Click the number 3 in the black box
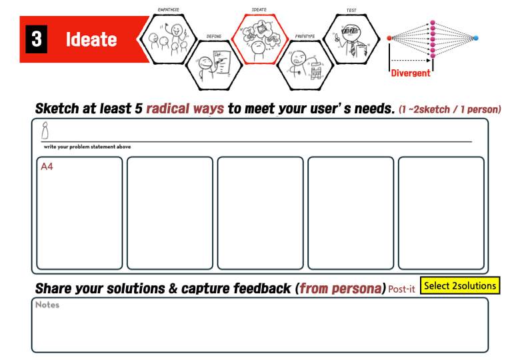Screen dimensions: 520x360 (36, 39)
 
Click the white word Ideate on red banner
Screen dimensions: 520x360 (91, 40)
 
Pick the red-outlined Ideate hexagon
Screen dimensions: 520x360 (259, 37)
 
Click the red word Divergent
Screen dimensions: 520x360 (411, 73)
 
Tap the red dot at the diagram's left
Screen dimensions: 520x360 (389, 38)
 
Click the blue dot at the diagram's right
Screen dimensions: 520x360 (475, 38)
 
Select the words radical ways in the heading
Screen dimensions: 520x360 (185, 109)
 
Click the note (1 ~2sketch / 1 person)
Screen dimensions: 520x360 (449, 109)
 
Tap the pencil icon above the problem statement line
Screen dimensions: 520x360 (45, 132)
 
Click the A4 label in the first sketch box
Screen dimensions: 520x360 (47, 167)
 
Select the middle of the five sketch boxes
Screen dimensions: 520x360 (260, 213)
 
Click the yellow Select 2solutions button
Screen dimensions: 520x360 (460, 286)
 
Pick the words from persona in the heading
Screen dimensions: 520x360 (340, 289)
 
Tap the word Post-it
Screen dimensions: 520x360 (401, 289)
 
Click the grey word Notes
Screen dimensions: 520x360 (47, 305)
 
